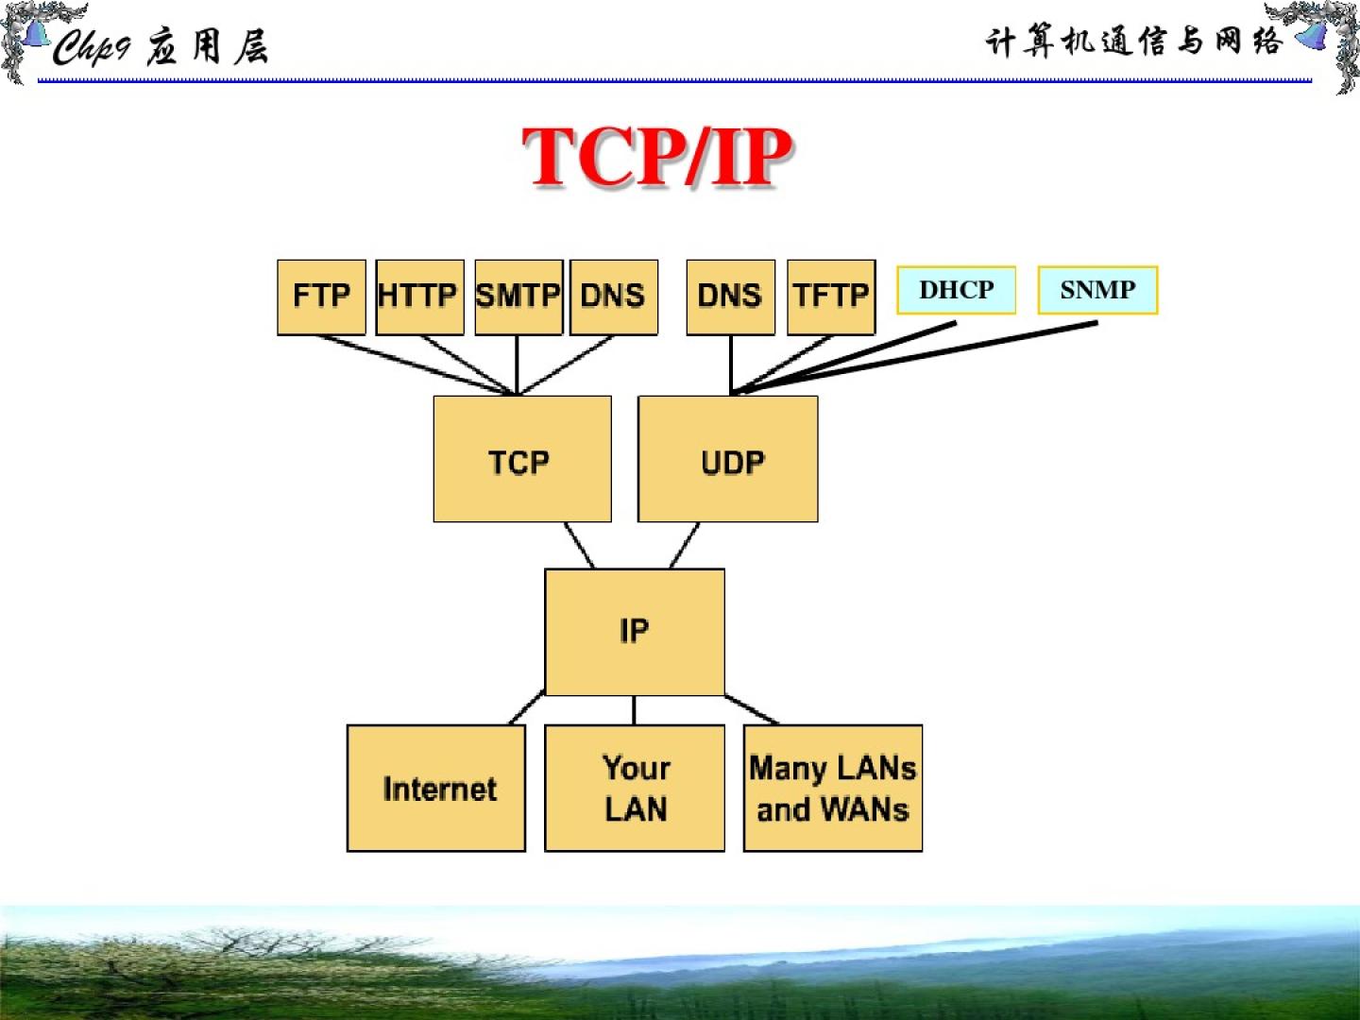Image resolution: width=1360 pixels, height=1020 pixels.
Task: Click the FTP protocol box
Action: (321, 297)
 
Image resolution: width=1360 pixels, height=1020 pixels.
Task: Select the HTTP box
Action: (419, 297)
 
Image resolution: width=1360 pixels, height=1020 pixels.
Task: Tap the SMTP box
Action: (518, 297)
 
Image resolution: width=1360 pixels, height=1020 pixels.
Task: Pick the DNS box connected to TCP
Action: (614, 297)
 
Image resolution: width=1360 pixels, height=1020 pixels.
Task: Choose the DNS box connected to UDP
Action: (730, 297)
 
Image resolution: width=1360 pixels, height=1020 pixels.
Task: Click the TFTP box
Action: (831, 297)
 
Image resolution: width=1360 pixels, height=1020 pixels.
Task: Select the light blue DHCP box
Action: (956, 290)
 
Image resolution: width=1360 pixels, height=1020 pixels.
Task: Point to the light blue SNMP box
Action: (1097, 290)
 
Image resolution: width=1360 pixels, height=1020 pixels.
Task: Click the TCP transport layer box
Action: (521, 459)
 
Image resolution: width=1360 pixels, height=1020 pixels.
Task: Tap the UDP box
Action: (728, 459)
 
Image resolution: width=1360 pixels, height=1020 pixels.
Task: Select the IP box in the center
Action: (635, 631)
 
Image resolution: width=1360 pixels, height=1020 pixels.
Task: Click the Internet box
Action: (436, 788)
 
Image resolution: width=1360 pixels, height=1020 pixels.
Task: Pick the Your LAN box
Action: (635, 788)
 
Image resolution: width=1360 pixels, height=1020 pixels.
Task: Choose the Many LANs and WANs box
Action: (832, 788)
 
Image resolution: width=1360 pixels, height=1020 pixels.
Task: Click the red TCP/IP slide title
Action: (657, 157)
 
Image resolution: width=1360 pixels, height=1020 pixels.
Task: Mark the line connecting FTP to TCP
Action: (416, 364)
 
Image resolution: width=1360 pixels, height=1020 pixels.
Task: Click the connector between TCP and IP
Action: (579, 545)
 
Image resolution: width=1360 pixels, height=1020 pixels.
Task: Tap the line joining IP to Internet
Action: (527, 708)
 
